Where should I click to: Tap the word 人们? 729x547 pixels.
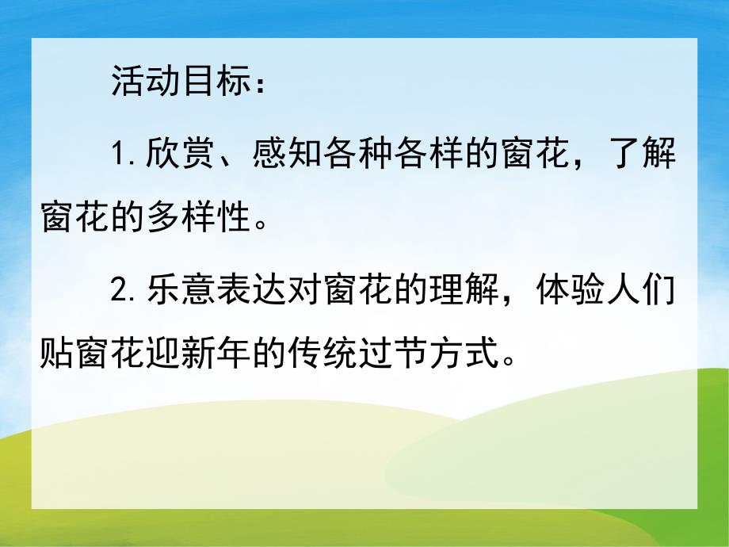643,293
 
